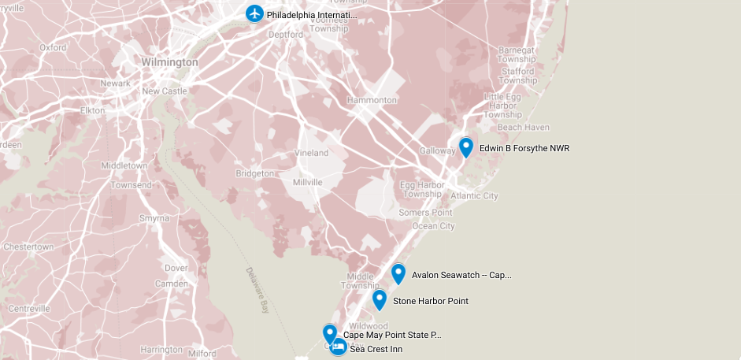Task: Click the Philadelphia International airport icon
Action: pos(254,13)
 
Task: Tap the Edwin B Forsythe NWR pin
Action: pos(465,147)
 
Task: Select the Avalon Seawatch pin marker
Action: pos(398,273)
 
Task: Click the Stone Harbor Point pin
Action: pos(380,299)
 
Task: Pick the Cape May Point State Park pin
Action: pos(330,333)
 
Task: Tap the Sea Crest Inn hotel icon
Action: pos(338,347)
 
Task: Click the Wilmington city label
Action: pos(170,61)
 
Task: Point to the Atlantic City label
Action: pos(474,195)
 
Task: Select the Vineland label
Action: pos(311,153)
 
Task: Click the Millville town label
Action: pos(307,182)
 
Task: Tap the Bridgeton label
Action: pos(255,173)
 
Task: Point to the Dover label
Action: pos(176,268)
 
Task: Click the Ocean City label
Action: pos(434,226)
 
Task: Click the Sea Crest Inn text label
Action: pos(376,348)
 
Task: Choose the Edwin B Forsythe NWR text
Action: pos(524,148)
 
